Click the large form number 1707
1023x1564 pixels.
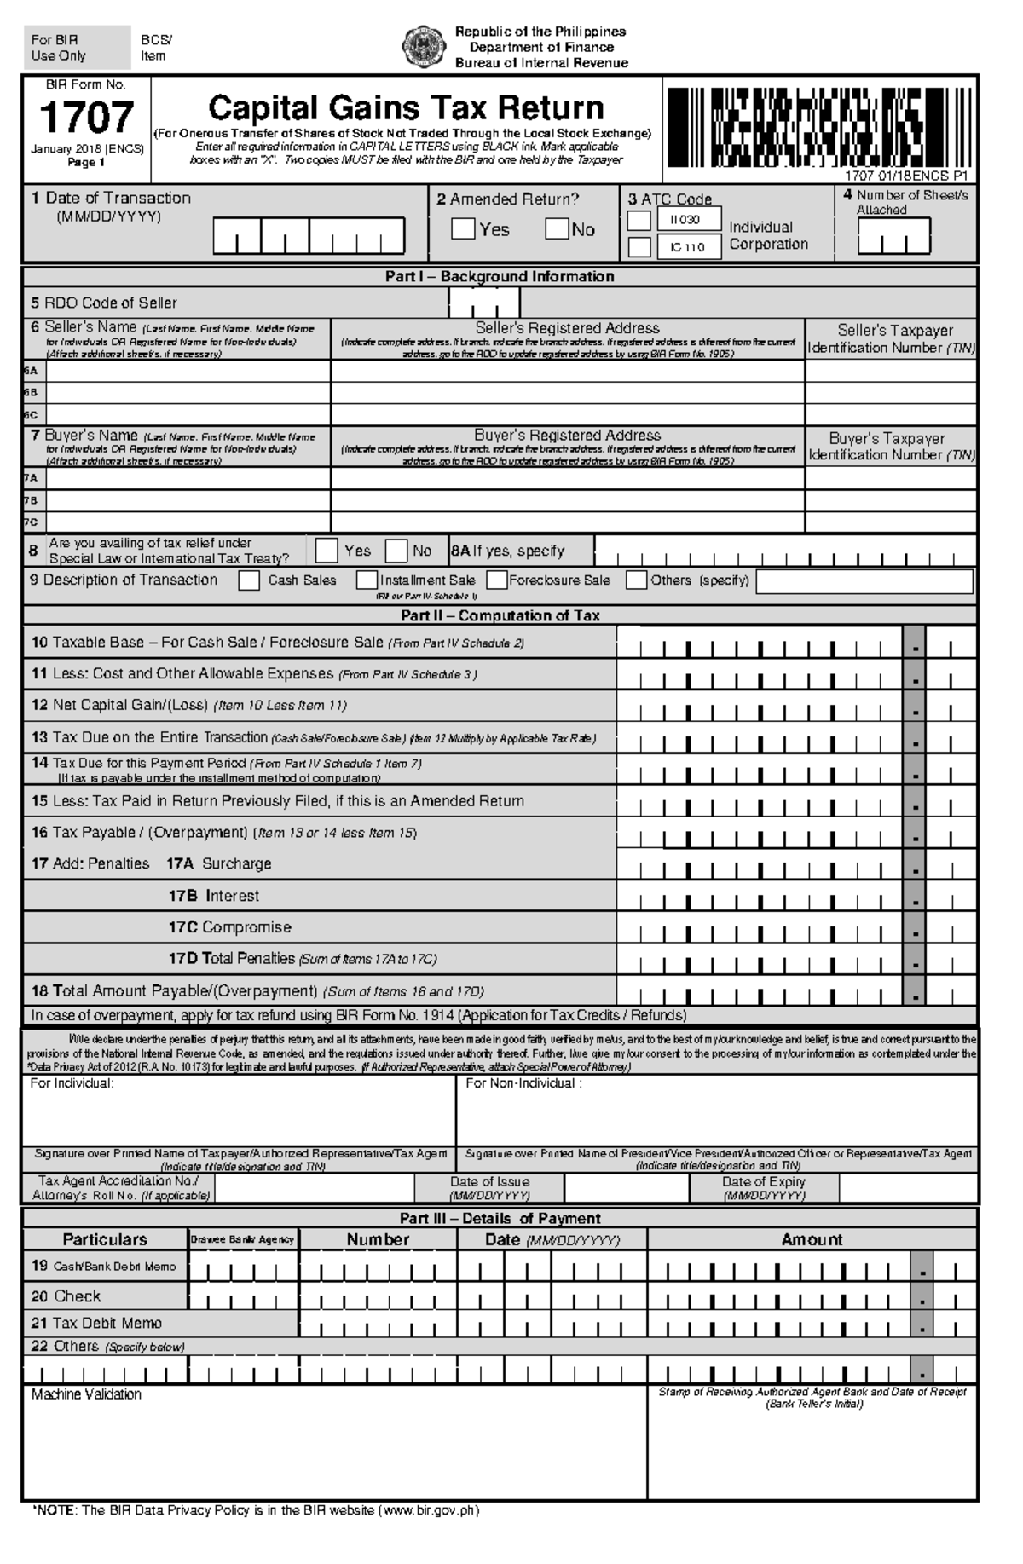[x=86, y=118]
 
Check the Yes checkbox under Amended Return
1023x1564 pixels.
[x=463, y=228]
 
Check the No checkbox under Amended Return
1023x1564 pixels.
[x=557, y=228]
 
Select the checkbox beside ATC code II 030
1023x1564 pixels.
[x=639, y=221]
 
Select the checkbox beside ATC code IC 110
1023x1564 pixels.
[x=639, y=247]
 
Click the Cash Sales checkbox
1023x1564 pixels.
[x=249, y=580]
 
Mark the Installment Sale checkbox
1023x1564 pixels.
[x=367, y=580]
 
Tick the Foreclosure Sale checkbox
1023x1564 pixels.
[x=498, y=580]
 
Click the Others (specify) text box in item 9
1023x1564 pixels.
[x=864, y=581]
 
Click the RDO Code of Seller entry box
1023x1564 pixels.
[x=483, y=302]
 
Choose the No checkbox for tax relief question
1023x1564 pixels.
[x=396, y=551]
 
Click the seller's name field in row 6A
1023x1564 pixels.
[x=188, y=371]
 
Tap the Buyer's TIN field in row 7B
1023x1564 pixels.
[x=890, y=500]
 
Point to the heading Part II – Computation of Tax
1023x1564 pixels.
[x=500, y=615]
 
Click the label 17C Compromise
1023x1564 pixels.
[x=229, y=927]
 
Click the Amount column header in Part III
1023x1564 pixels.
[x=812, y=1239]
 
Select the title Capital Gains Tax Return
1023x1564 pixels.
[x=406, y=108]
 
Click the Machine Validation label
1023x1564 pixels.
[x=86, y=1394]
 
